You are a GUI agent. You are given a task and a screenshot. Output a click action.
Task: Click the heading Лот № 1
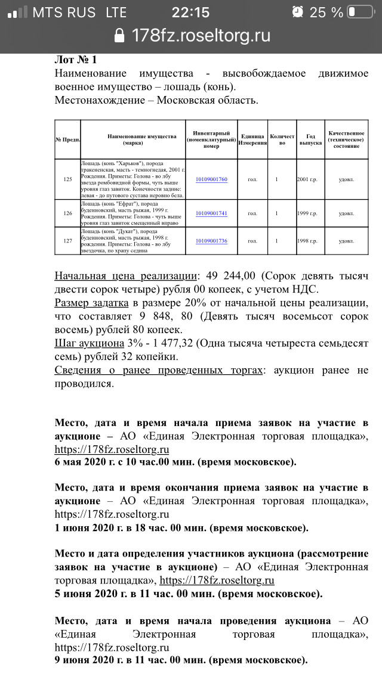coord(75,60)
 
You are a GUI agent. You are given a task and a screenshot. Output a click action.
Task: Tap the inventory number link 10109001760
coord(211,179)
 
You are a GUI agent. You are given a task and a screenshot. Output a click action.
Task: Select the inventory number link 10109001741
coord(211,213)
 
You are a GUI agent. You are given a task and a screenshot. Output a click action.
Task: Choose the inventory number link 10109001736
coord(211,241)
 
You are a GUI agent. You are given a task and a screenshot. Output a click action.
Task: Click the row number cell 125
coord(67,179)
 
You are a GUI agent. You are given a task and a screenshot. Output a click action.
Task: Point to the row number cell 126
coord(67,213)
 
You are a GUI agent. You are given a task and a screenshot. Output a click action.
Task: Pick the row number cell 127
coord(67,241)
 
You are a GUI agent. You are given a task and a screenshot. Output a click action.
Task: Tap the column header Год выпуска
coord(310,139)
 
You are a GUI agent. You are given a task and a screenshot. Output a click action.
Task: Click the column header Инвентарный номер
coord(211,139)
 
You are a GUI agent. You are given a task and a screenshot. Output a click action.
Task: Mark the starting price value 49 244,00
coord(231,276)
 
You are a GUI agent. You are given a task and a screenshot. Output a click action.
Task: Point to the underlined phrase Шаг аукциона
coord(88,344)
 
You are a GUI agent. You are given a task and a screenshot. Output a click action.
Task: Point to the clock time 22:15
coord(190,12)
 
